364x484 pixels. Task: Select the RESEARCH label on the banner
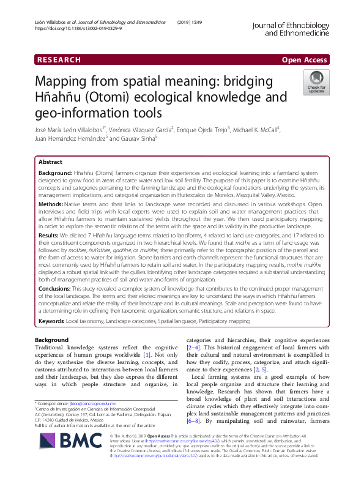click(x=59, y=59)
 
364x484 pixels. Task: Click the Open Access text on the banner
click(x=305, y=59)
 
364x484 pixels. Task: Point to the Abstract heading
click(x=50, y=163)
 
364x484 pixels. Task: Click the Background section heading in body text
click(x=51, y=340)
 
